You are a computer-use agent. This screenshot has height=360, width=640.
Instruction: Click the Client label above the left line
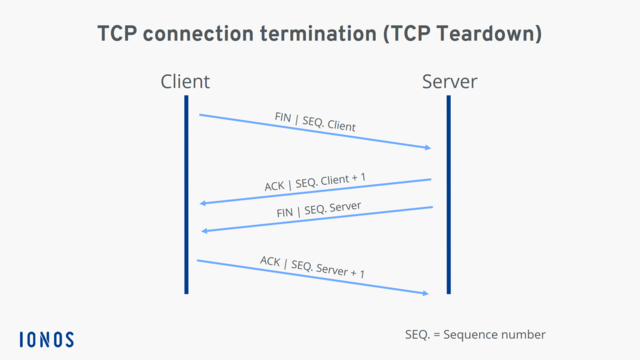[x=185, y=81]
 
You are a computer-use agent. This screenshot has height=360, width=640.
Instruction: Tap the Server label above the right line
[x=449, y=81]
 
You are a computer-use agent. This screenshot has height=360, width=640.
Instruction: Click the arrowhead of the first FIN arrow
[x=428, y=148]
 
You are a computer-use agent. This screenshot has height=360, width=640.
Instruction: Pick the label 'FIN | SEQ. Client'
[x=315, y=122]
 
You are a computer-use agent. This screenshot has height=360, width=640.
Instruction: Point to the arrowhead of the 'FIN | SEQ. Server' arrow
[x=205, y=231]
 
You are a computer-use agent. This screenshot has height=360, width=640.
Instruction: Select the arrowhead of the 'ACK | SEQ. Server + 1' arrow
[x=426, y=293]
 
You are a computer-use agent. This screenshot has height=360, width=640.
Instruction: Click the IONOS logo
[x=47, y=339]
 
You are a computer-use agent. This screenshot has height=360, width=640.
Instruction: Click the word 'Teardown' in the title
[x=484, y=34]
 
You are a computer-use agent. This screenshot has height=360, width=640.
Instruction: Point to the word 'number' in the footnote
[x=523, y=334]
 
